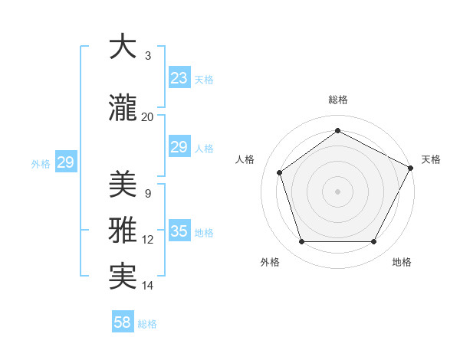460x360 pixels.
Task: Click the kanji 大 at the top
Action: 123,47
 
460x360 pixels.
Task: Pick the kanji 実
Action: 123,276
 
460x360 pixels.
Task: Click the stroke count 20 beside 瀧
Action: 147,116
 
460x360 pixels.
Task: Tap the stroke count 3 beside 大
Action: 147,56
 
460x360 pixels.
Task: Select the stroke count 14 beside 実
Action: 147,286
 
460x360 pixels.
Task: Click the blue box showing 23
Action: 179,78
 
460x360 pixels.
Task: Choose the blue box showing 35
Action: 179,231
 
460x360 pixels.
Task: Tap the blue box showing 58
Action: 123,322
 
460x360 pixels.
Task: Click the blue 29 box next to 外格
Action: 65,162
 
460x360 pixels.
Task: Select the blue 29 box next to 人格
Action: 179,147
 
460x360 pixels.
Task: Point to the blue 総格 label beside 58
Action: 147,324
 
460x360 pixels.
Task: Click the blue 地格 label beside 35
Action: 204,233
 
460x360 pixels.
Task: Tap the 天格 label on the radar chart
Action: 431,159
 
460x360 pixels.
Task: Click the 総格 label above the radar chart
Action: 337,100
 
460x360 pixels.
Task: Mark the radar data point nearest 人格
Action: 280,172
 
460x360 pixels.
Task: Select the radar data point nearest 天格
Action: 412,167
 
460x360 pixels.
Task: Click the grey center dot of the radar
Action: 337,191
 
